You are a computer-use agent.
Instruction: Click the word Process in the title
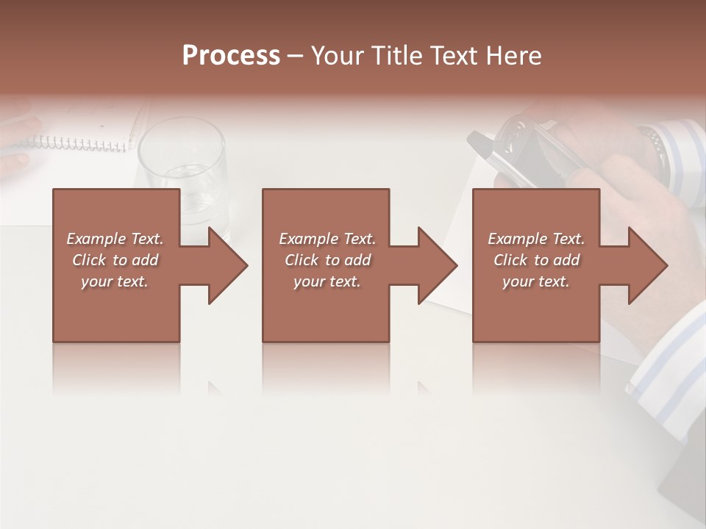tap(231, 55)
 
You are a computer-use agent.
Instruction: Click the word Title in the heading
tap(394, 55)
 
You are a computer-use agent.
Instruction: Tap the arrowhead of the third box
tap(646, 265)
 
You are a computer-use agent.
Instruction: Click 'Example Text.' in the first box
tap(115, 238)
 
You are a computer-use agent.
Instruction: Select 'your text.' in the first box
tap(115, 281)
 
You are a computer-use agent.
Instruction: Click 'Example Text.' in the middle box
tap(327, 238)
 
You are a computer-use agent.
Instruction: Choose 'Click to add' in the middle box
tap(327, 259)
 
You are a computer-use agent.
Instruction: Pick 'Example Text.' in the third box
tap(536, 238)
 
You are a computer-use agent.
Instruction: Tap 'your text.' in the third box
tap(536, 281)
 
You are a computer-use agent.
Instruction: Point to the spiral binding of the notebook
tap(81, 142)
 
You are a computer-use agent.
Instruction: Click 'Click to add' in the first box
tap(115, 259)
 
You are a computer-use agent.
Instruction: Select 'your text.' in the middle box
tap(327, 281)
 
